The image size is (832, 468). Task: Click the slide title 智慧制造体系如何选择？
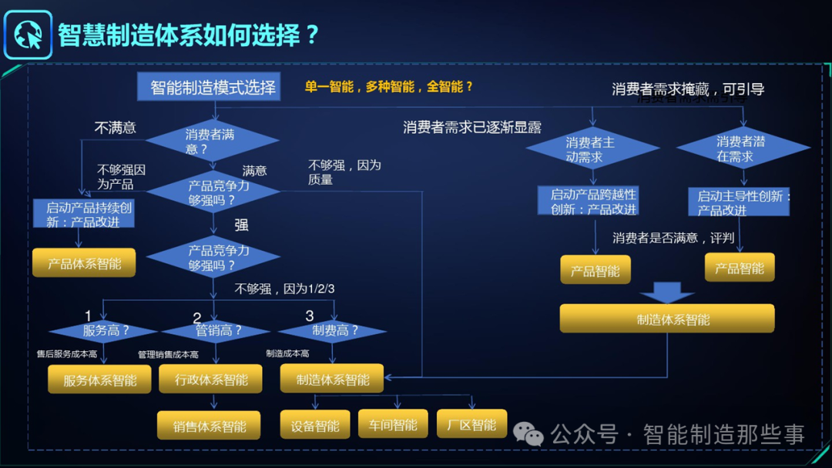[188, 35]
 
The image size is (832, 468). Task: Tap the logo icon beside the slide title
[29, 35]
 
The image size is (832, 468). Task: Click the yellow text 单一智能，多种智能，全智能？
[388, 87]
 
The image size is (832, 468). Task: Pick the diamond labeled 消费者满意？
[212, 142]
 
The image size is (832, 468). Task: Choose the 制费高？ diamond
[333, 331]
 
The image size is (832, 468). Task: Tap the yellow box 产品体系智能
[84, 263]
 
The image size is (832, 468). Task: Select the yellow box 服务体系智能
[100, 379]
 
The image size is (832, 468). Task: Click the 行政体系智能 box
[210, 379]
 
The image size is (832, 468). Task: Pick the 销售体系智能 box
[209, 426]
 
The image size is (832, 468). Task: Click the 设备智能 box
[315, 426]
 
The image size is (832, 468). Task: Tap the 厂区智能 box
[471, 424]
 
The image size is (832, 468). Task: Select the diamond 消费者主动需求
[592, 149]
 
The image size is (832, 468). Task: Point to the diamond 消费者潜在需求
[743, 148]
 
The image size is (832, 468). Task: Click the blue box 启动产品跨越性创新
[592, 202]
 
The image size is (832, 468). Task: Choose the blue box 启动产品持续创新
[84, 214]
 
